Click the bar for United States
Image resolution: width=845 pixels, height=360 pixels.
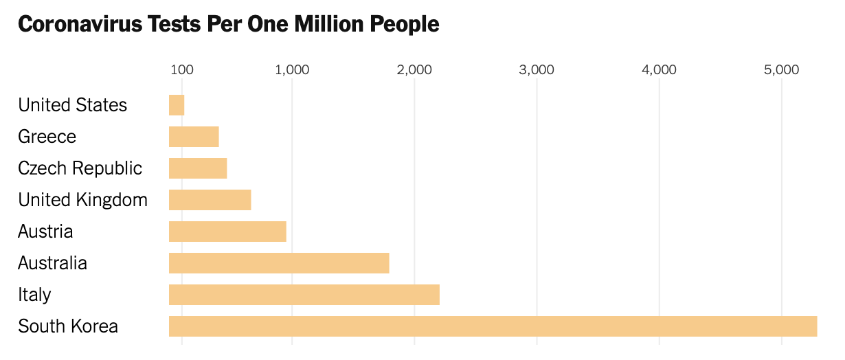coord(177,105)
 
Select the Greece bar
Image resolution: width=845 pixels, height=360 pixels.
coord(194,137)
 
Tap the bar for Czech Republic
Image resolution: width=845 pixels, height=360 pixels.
coord(198,168)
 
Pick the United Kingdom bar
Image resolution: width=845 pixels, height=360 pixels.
coord(210,200)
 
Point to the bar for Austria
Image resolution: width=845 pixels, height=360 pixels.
coord(227,232)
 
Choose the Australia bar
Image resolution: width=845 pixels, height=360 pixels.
coord(279,263)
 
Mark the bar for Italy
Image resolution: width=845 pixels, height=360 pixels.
coord(304,295)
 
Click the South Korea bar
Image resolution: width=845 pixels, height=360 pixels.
coord(493,326)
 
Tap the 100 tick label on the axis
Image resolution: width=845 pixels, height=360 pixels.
coord(181,69)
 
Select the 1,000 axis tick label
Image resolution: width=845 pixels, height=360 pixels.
coord(292,69)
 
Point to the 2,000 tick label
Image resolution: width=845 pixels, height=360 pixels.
coord(414,69)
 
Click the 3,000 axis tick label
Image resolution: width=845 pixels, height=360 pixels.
coord(537,69)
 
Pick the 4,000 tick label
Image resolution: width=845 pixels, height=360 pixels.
coord(659,69)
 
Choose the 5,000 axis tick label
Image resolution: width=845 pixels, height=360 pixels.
coord(781,69)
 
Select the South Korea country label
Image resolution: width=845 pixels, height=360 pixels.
coord(68,326)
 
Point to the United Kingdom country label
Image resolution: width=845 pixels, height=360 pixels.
coord(82,200)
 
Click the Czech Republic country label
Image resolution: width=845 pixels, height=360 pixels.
coord(80,168)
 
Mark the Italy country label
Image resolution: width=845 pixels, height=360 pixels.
coord(34,295)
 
